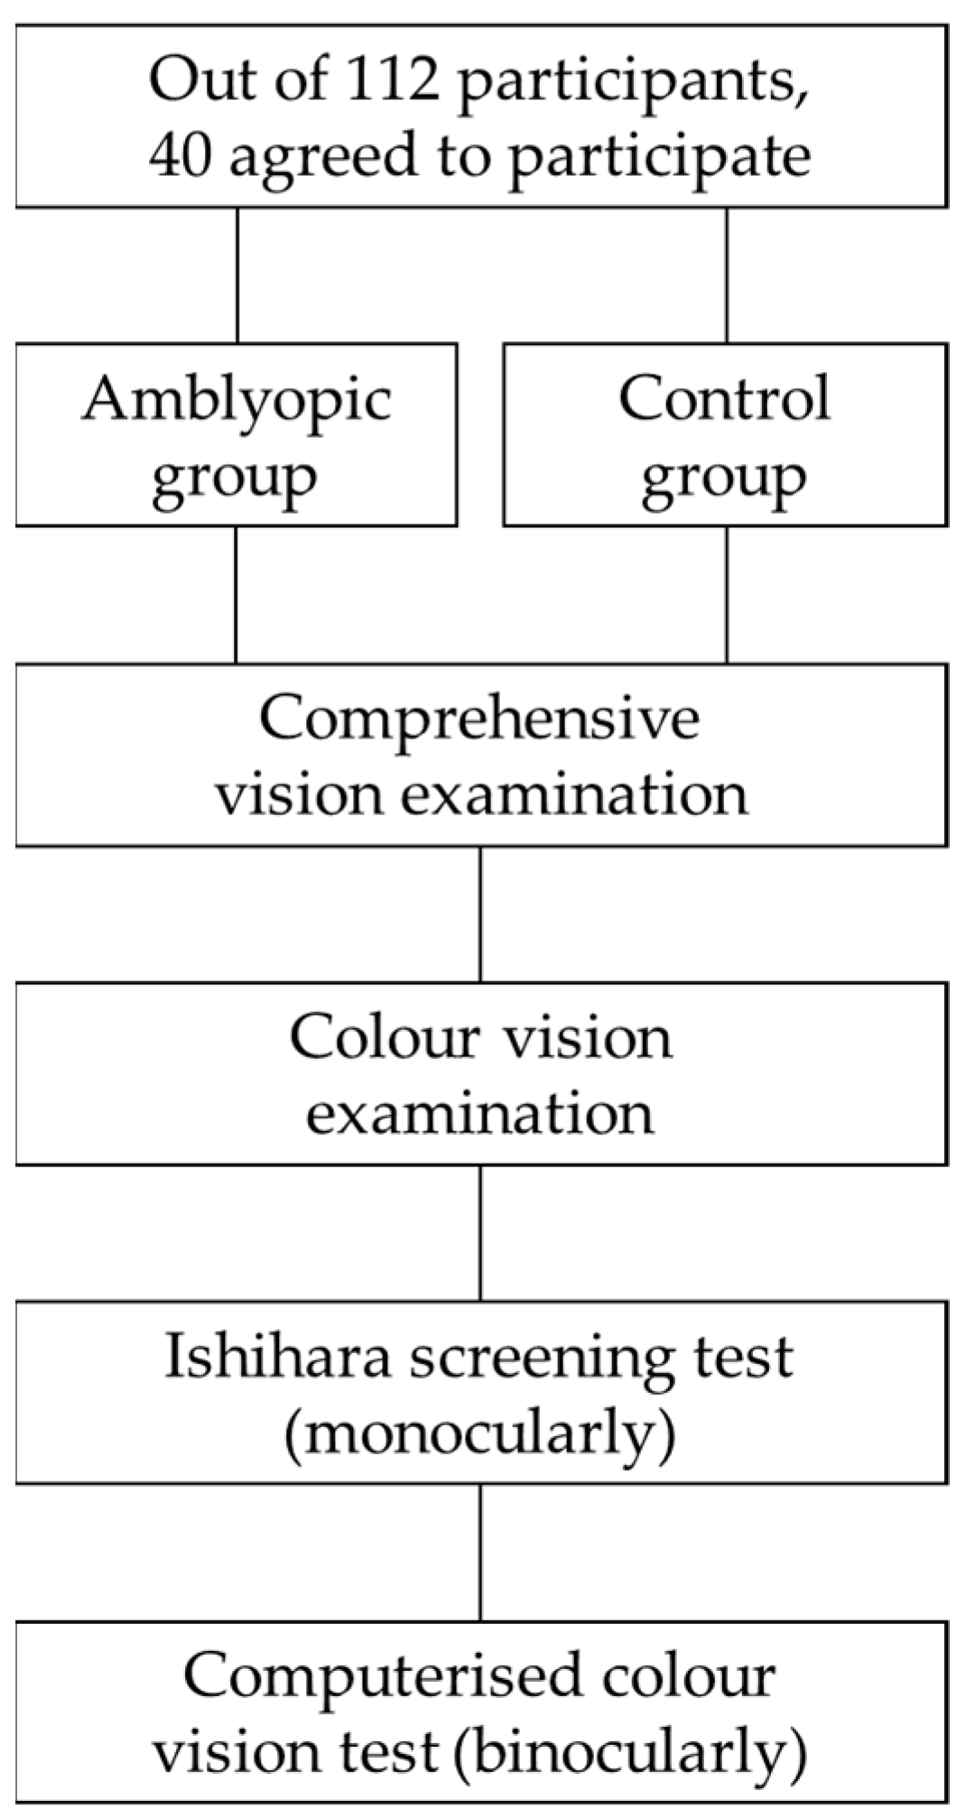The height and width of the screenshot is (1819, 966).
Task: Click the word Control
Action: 724,399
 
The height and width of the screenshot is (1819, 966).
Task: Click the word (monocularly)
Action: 479,1434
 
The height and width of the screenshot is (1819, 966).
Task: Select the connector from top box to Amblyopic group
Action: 237,275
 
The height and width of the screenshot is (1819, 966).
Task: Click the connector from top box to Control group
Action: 727,275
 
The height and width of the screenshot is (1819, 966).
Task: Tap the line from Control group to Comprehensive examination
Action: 727,595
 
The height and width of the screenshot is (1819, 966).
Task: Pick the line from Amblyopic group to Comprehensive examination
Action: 237,595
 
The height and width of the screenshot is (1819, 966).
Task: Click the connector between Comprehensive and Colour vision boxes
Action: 480,914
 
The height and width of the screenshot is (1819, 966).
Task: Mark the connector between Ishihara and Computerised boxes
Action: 480,1553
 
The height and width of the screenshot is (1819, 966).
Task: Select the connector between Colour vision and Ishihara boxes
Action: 480,1233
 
